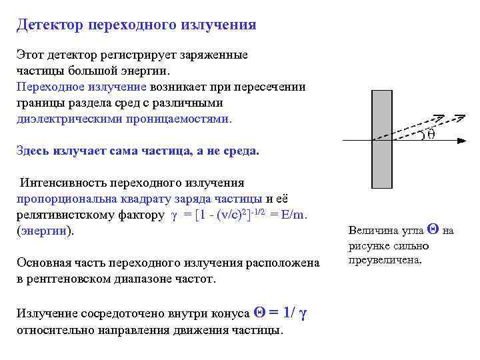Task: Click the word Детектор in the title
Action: click(50, 25)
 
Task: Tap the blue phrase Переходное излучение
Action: click(81, 87)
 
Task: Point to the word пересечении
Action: click(273, 87)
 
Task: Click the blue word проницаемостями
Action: click(179, 119)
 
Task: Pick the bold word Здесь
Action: click(33, 151)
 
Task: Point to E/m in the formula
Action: click(293, 215)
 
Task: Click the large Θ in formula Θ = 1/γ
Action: click(261, 311)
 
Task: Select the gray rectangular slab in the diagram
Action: click(381, 141)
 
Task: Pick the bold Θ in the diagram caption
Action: click(431, 230)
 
